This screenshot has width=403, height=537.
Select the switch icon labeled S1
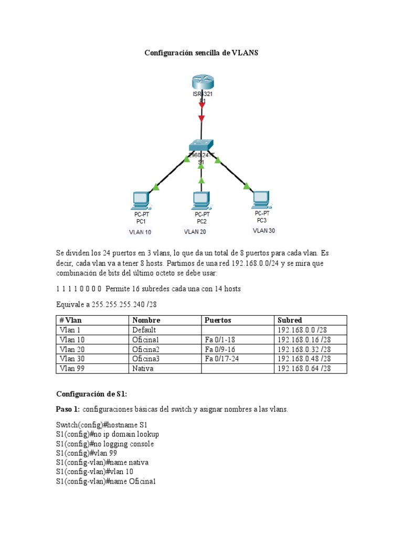201,145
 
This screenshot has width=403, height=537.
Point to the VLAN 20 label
195,231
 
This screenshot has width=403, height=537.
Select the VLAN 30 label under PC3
263,230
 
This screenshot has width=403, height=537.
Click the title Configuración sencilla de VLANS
201,53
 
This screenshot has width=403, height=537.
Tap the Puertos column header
218,320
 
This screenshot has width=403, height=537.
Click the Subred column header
289,320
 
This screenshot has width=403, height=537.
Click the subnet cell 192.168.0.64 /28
304,369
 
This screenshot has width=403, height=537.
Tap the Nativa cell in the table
143,369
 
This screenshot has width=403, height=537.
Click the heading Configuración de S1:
92,394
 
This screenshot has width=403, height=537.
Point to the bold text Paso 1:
68,409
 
